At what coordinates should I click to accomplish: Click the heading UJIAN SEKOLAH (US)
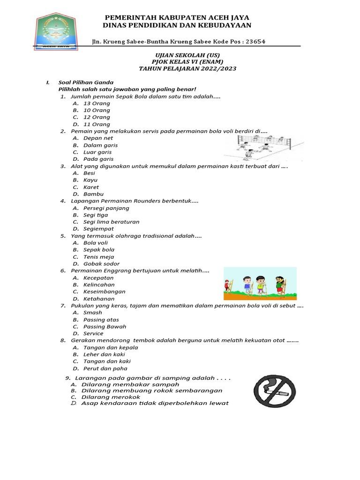pyautogui.click(x=187, y=55)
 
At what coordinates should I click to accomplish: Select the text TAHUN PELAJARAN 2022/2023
pyautogui.click(x=187, y=68)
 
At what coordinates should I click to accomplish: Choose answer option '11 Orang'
pyautogui.click(x=97, y=124)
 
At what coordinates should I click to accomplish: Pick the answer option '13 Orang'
pyautogui.click(x=97, y=103)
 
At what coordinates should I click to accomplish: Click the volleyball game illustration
pyautogui.click(x=263, y=147)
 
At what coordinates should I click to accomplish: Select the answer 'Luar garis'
pyautogui.click(x=97, y=152)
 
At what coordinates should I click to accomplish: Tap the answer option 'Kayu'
pyautogui.click(x=90, y=180)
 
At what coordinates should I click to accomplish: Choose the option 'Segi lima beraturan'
pyautogui.click(x=111, y=222)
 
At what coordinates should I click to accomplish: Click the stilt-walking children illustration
pyautogui.click(x=260, y=284)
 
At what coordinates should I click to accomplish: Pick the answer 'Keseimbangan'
pyautogui.click(x=104, y=292)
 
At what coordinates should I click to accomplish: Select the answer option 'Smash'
pyautogui.click(x=92, y=313)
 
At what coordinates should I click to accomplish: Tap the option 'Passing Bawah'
pyautogui.click(x=105, y=326)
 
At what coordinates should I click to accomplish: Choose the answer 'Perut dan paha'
pyautogui.click(x=105, y=368)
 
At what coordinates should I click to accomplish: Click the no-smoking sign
pyautogui.click(x=275, y=390)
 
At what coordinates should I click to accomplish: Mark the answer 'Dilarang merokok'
pyautogui.click(x=111, y=397)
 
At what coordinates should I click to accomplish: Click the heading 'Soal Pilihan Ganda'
pyautogui.click(x=86, y=82)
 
